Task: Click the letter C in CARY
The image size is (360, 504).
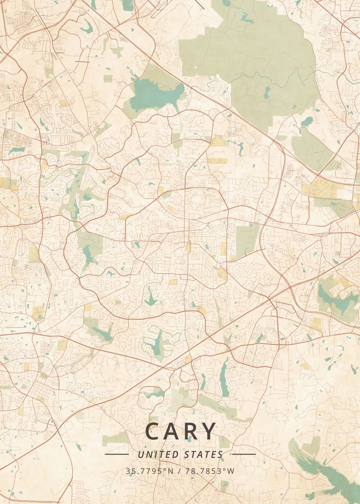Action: pos(153,431)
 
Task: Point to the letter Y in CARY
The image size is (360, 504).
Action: pos(210,431)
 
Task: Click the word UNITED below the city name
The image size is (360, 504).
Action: pos(156,454)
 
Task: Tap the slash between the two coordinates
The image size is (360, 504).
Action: pos(180,471)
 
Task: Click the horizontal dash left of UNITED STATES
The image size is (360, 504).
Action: pos(116,454)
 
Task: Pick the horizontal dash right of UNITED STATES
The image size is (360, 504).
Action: pos(244,454)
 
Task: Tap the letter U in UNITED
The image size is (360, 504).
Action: pos(140,454)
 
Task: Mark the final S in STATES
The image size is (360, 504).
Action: pos(221,454)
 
